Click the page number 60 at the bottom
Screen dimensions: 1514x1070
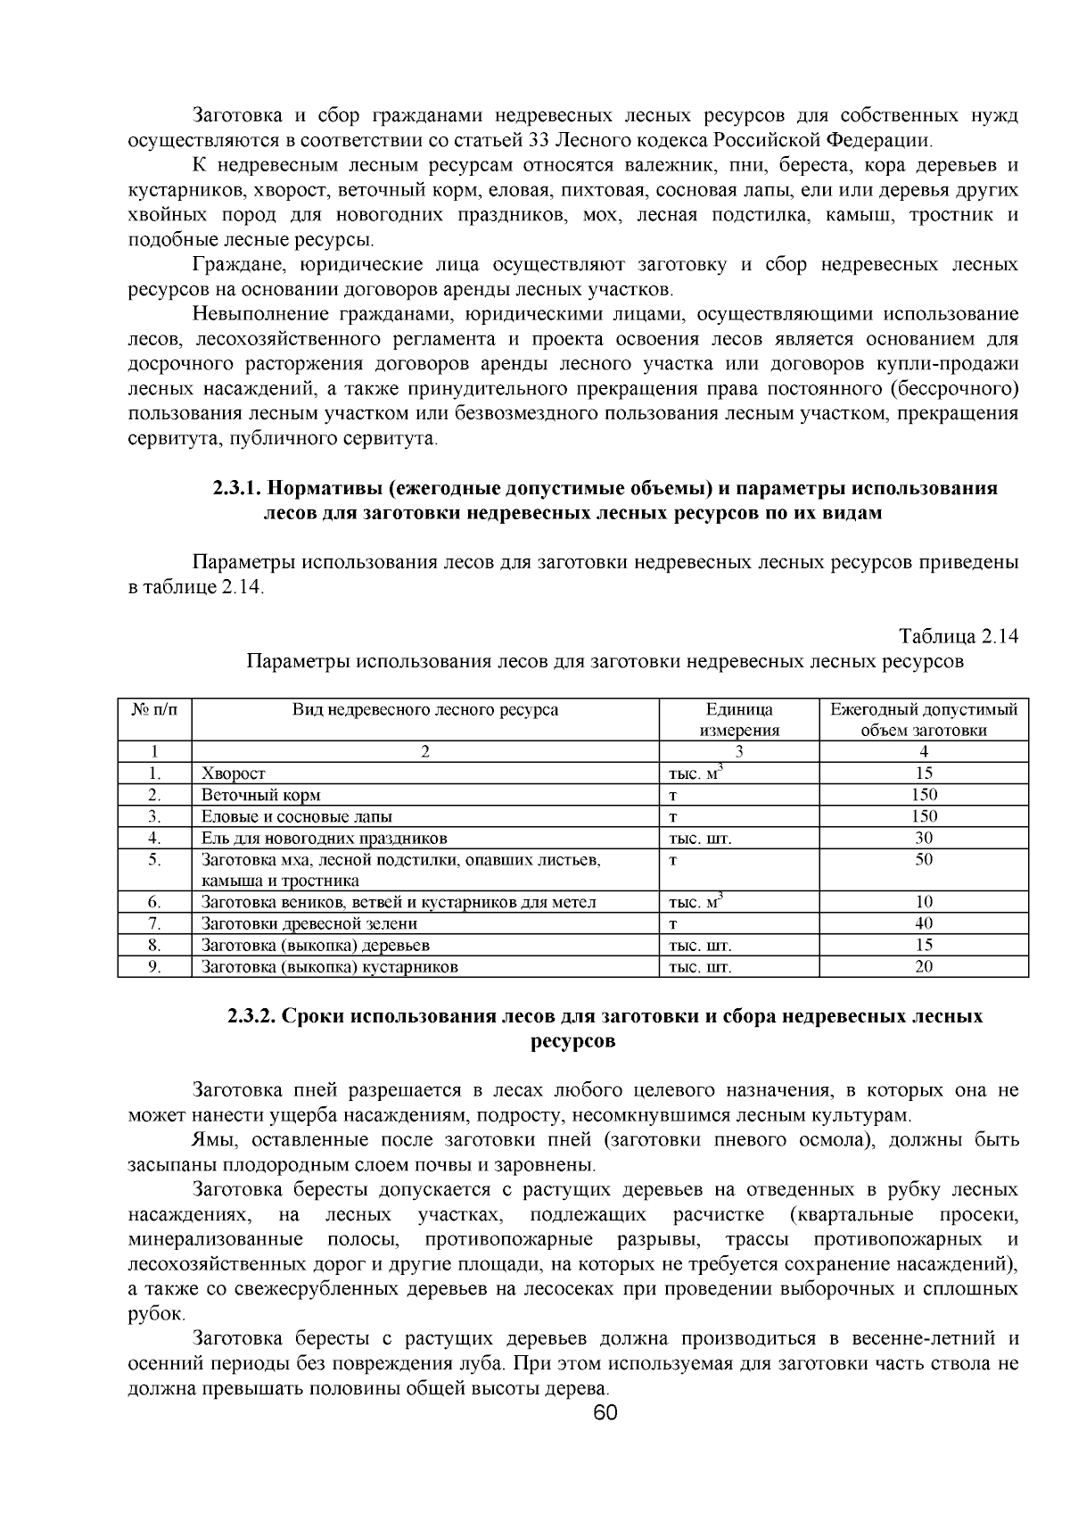pos(605,1412)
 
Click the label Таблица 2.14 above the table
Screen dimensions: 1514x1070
pos(959,637)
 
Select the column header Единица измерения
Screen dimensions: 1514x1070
pos(738,720)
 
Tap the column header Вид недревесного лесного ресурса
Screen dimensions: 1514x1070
pos(425,710)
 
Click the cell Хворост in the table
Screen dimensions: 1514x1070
pos(234,774)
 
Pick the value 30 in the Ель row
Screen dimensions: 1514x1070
pos(924,838)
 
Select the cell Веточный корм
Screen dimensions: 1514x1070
pos(261,795)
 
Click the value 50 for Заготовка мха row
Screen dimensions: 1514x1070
pos(924,859)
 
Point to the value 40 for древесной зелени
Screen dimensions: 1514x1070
pos(924,923)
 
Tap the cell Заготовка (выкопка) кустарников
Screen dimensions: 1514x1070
pos(330,966)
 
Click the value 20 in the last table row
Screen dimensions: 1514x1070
pos(924,966)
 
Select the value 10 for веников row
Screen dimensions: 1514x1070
pos(924,902)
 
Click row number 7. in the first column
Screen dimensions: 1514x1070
pos(154,923)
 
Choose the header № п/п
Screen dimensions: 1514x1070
pos(154,710)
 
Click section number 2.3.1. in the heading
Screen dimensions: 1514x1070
pos(237,489)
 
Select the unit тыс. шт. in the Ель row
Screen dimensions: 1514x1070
pos(700,839)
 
